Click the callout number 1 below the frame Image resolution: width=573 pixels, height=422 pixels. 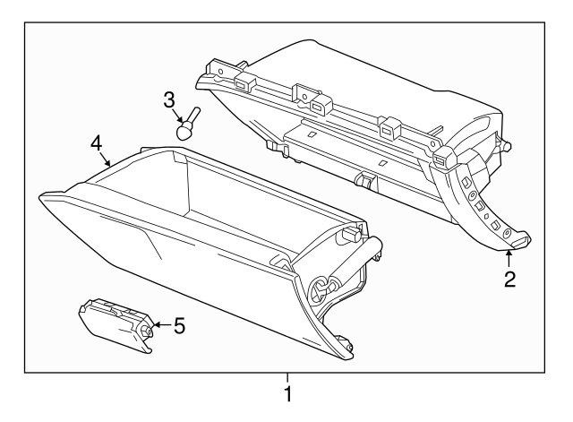[287, 394]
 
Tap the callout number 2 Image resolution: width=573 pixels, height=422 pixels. [509, 279]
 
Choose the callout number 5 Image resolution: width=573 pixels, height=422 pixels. [178, 326]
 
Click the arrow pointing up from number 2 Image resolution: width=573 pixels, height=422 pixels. [508, 258]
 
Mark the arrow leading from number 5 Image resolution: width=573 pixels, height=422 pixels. [158, 326]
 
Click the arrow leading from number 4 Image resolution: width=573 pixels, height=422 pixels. [107, 162]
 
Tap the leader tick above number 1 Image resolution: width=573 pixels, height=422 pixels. [287, 377]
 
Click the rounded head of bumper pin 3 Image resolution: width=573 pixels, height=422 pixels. [184, 131]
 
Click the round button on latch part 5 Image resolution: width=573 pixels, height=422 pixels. [143, 332]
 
